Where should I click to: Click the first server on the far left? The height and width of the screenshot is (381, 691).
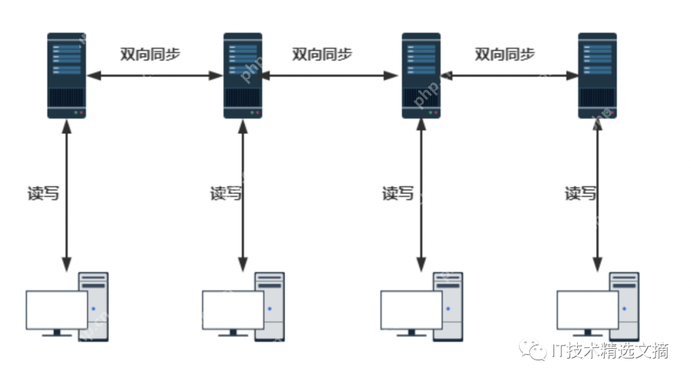(x=67, y=75)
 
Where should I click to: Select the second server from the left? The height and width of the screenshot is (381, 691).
(x=242, y=75)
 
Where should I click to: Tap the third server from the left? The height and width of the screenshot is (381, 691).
(x=421, y=75)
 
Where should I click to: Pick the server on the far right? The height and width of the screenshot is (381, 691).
(x=597, y=75)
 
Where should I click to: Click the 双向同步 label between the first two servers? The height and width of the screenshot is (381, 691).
(x=150, y=54)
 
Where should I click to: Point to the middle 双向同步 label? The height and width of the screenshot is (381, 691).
(x=322, y=54)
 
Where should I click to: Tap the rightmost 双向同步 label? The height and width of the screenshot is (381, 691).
(x=505, y=54)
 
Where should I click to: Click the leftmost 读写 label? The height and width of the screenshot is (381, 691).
(x=43, y=193)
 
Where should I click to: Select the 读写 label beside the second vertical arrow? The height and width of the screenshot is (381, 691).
(x=226, y=193)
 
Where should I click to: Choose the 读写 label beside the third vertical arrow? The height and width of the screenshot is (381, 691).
(x=398, y=193)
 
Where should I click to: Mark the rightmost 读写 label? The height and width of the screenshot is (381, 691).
(x=580, y=193)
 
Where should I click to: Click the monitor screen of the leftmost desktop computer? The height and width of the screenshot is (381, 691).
(x=56, y=310)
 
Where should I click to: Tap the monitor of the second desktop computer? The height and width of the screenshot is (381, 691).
(x=233, y=310)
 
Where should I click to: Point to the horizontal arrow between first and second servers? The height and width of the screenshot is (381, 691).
(x=155, y=75)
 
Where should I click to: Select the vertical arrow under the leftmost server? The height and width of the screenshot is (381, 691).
(x=67, y=195)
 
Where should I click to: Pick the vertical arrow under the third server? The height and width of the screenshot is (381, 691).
(x=421, y=195)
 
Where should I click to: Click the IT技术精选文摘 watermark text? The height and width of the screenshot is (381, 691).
(x=610, y=350)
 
